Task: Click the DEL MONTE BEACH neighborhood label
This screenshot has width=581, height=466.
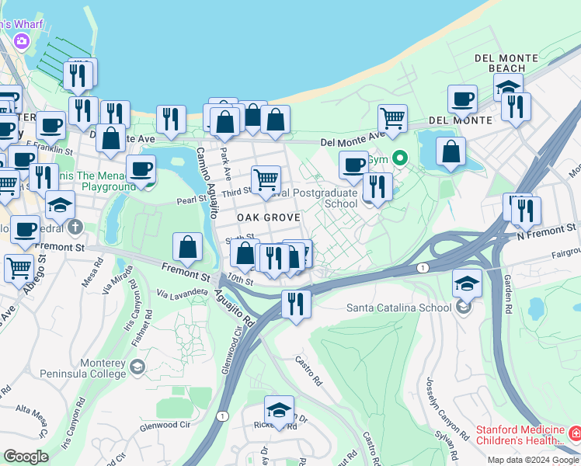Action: pos(507,63)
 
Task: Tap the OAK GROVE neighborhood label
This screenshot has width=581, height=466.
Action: pos(268,217)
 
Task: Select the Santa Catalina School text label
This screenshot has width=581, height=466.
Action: pos(398,308)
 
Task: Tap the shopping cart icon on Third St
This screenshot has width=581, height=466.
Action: pos(266,179)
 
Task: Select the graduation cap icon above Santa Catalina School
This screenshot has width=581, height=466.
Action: pos(467,282)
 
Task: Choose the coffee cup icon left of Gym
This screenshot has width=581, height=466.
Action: pos(353,164)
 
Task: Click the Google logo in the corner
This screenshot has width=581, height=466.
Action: pos(26,457)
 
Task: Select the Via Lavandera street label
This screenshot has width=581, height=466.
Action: pos(183,294)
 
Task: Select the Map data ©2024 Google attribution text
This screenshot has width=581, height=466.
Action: pos(532,460)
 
